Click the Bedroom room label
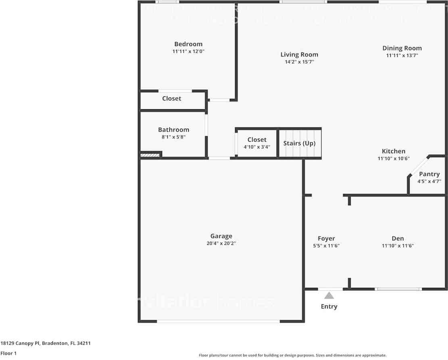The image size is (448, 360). pos(188,44)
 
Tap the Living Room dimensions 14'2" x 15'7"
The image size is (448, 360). pos(299,62)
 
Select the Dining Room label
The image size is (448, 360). pos(402,48)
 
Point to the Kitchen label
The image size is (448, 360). pos(394,151)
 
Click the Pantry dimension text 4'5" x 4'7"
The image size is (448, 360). pos(429,181)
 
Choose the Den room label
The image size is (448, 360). pos(398,238)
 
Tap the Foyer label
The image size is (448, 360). pos(326,238)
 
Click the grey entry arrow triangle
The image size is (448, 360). pos(329,295)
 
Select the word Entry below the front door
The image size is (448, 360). pos(329,306)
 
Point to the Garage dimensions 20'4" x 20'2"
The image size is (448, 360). pos(221,243)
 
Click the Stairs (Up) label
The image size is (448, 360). pos(299,143)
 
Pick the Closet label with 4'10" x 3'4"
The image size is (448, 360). pos(257,139)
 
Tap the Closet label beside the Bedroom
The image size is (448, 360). pos(172,98)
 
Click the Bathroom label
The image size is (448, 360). pos(173,130)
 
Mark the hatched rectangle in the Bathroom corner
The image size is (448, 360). pos(150,154)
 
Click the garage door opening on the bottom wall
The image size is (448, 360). pos(218,321)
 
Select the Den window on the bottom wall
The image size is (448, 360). pos(398,289)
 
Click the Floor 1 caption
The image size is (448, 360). pos(8,353)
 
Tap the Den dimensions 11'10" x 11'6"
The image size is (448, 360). pos(398,246)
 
